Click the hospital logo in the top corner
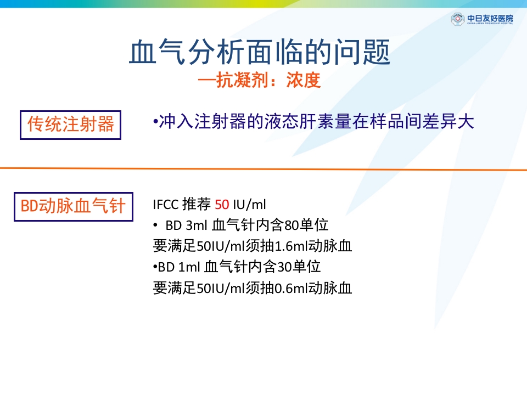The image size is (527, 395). [482, 20]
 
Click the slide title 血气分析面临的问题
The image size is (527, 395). [260, 53]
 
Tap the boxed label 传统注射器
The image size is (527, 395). [71, 125]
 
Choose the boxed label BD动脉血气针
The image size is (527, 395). [73, 206]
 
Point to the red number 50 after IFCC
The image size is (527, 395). [222, 205]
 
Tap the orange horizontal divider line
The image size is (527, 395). [263, 169]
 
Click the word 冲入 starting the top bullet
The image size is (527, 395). [171, 122]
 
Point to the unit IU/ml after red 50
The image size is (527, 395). [249, 205]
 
